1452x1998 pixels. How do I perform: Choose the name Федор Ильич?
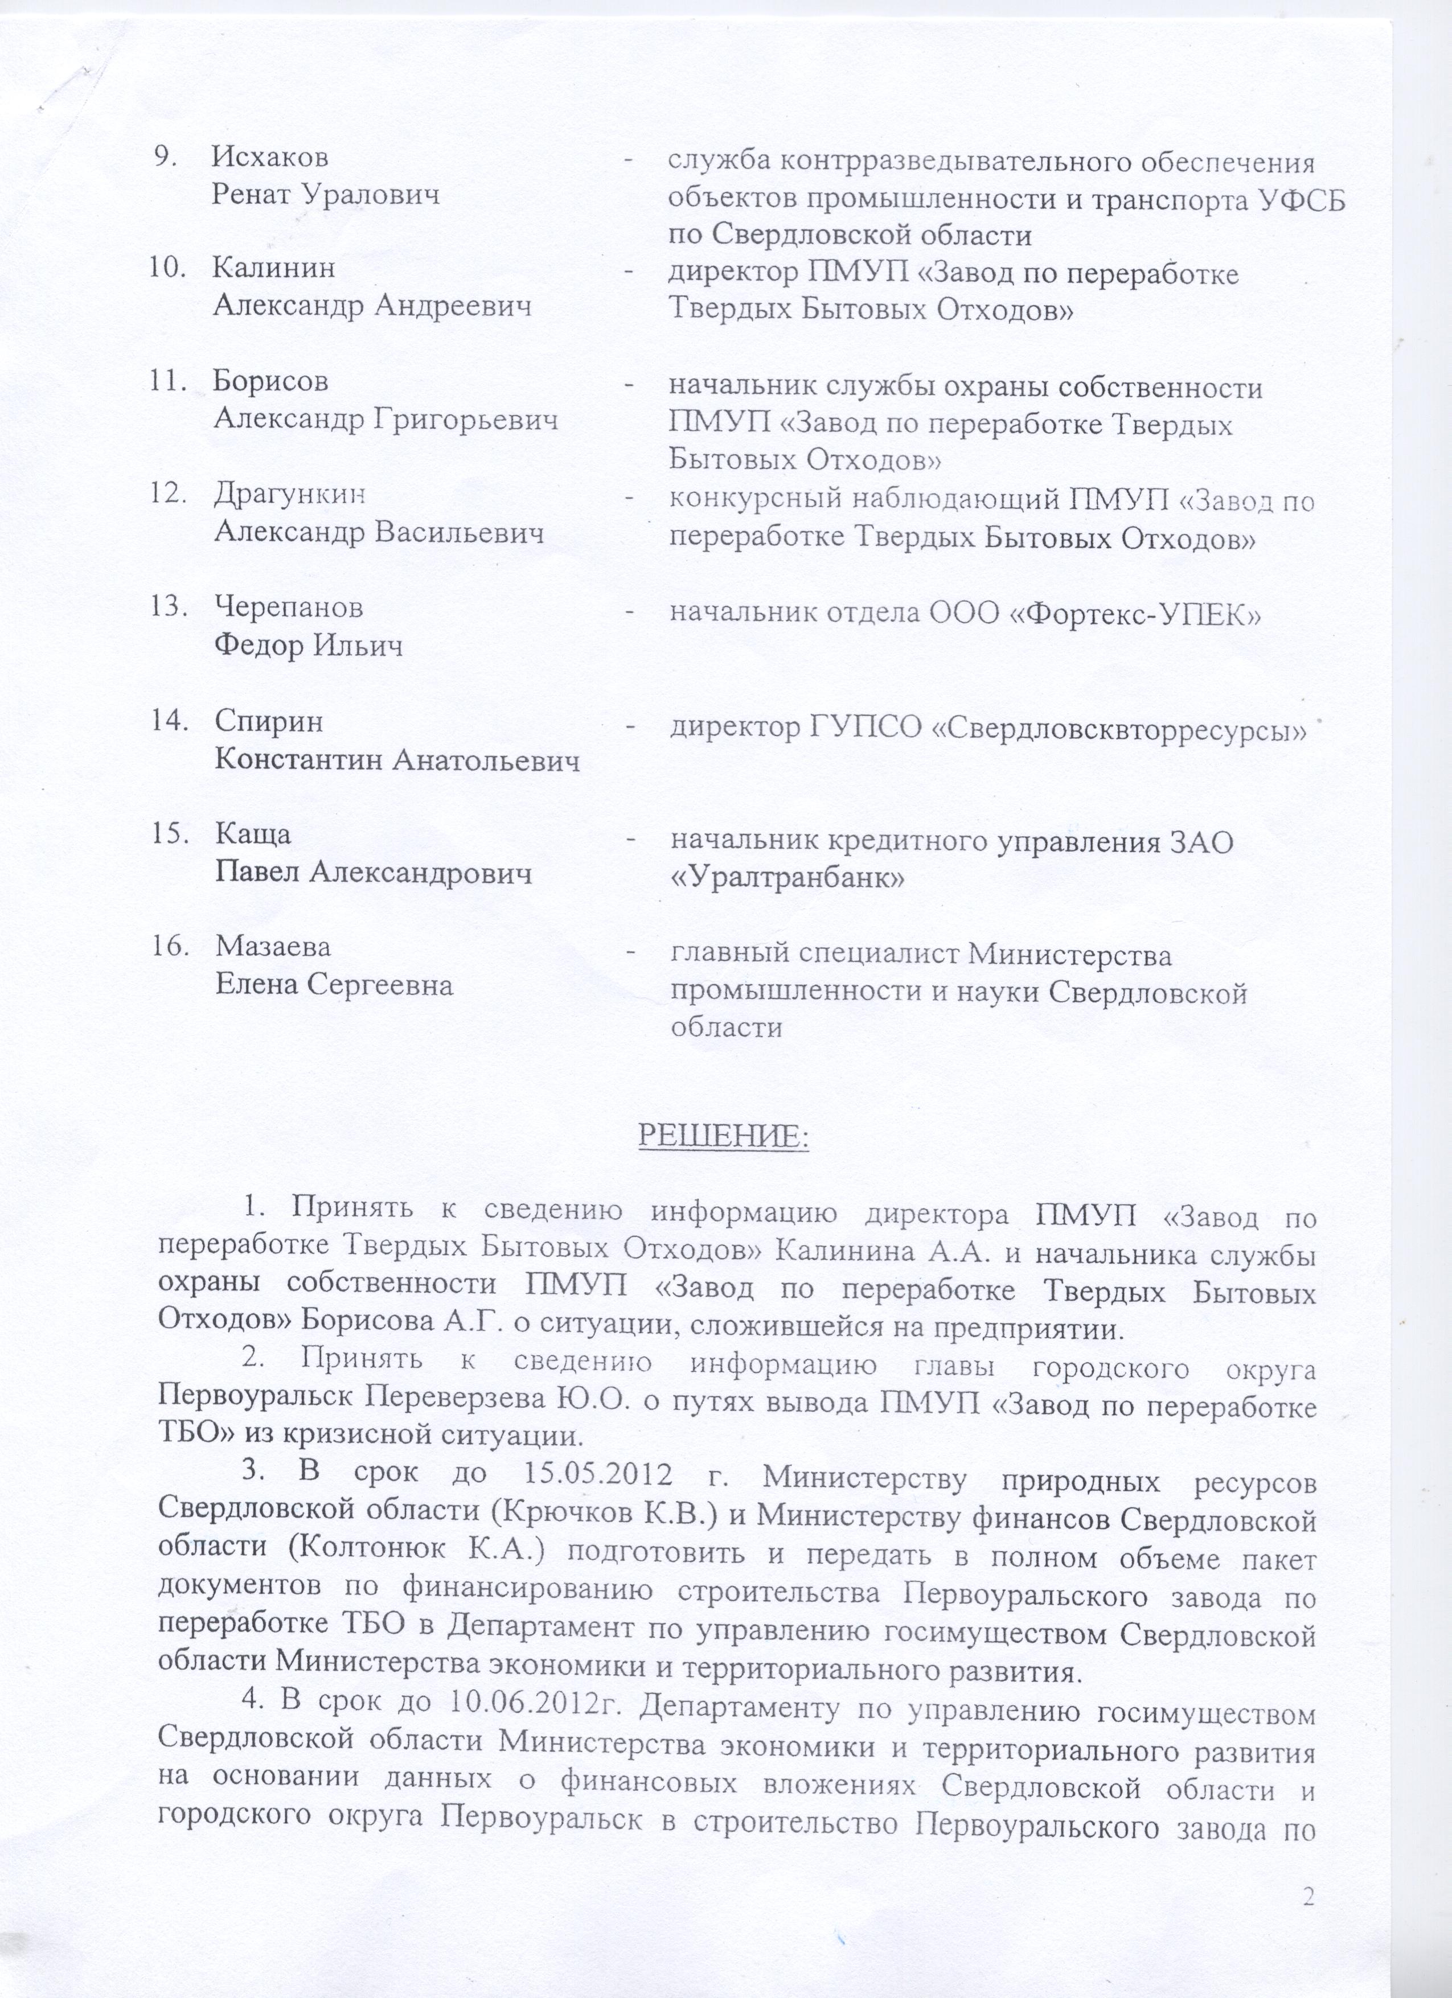point(309,647)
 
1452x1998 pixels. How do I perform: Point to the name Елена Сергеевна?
point(335,984)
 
